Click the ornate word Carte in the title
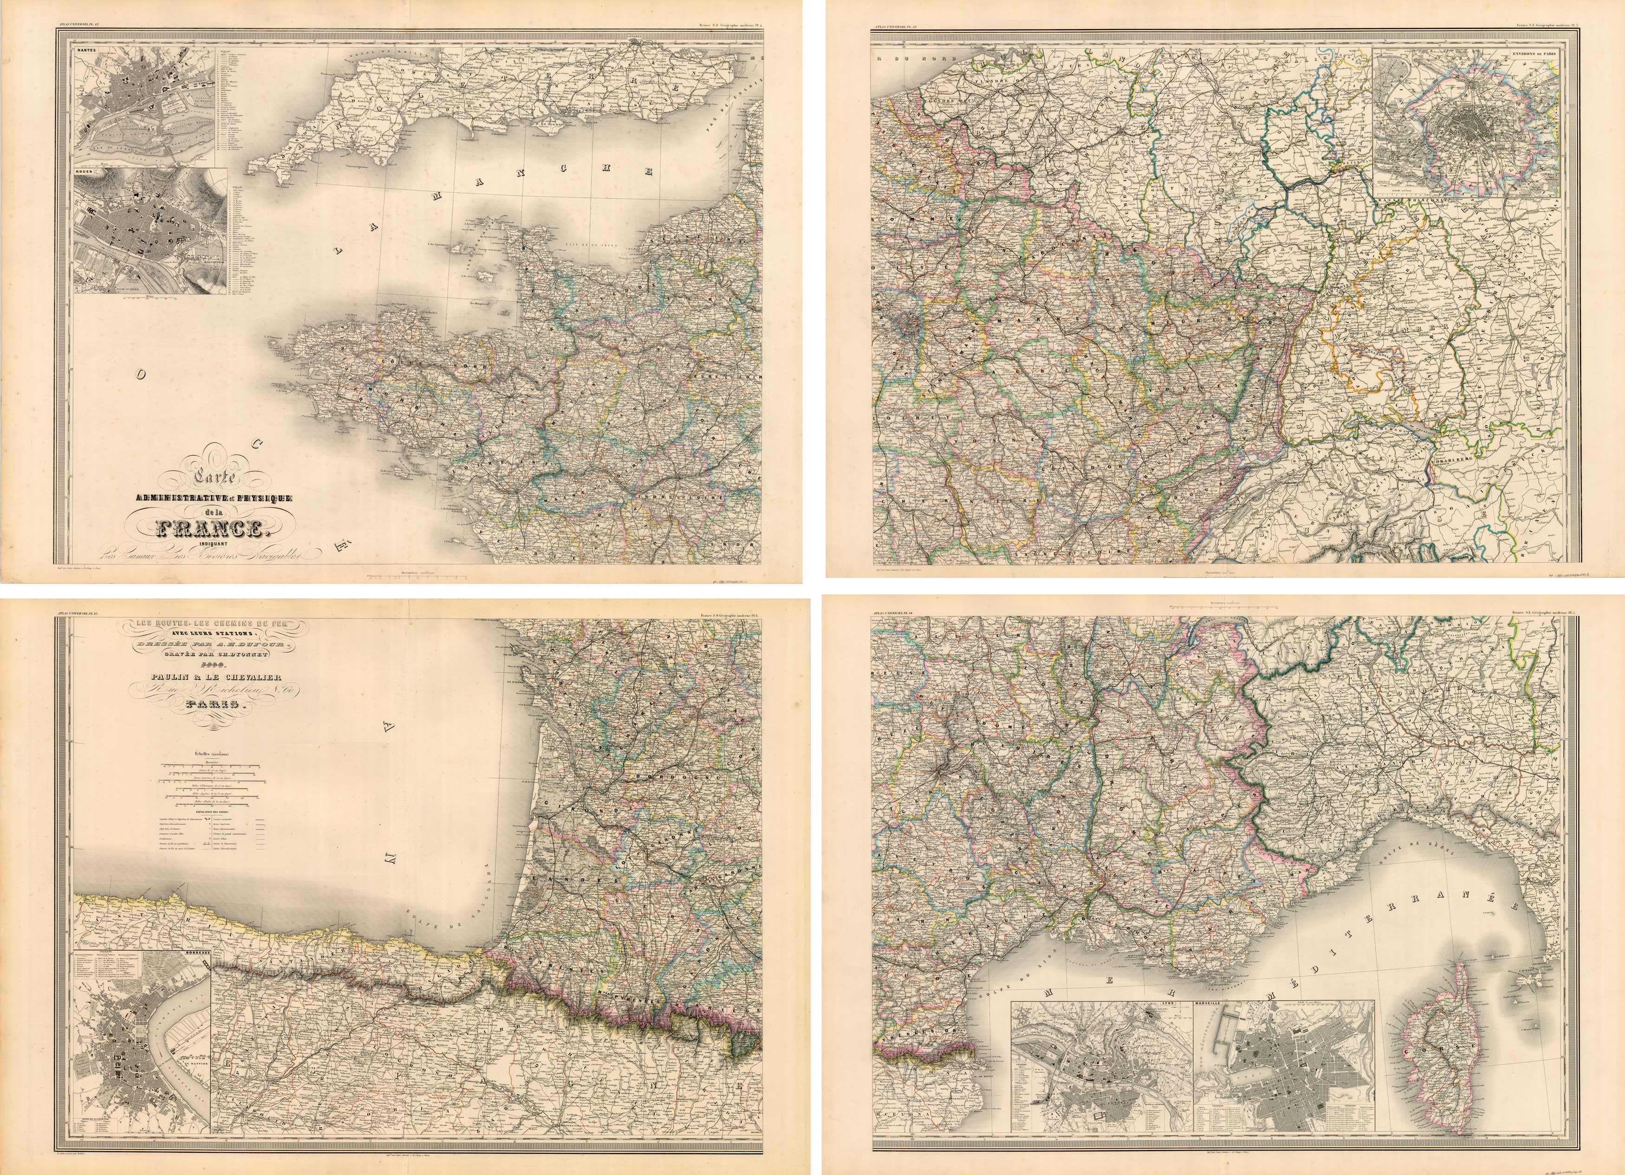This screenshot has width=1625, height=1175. coord(215,476)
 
